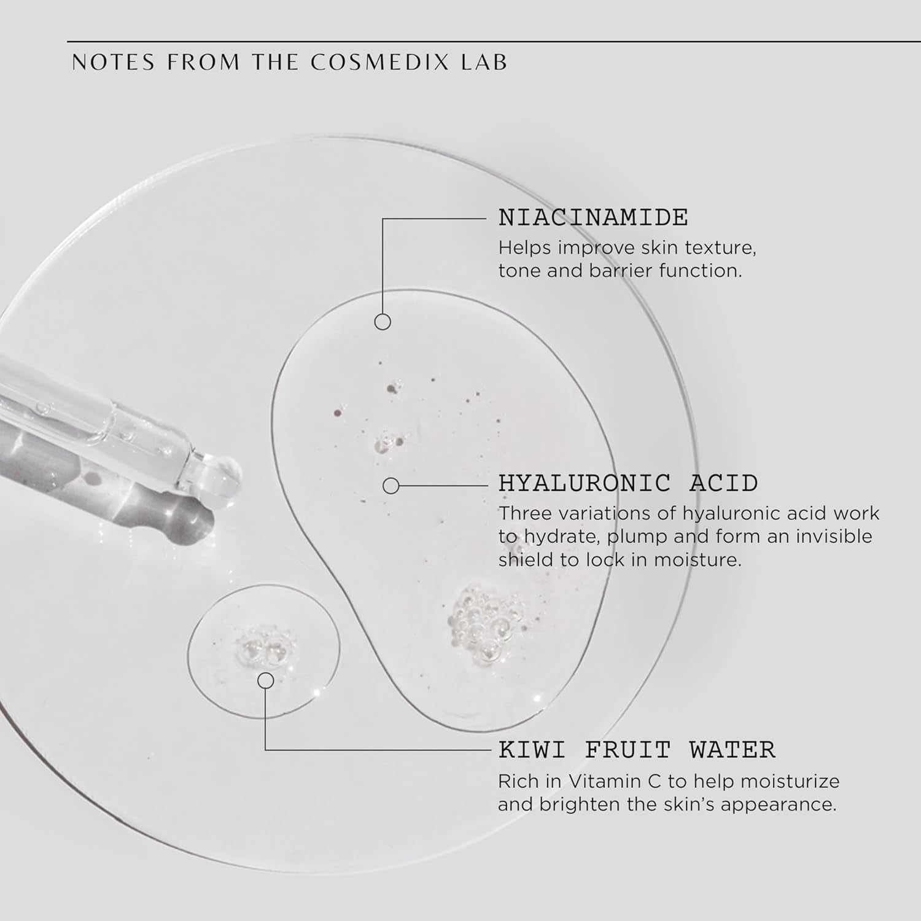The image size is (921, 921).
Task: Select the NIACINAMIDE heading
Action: [x=593, y=217]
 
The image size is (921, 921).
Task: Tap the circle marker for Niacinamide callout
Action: [x=383, y=322]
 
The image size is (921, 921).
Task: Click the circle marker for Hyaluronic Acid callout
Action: [x=391, y=486]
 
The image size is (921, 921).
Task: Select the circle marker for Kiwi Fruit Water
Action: [x=265, y=680]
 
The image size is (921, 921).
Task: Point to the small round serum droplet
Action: [x=264, y=651]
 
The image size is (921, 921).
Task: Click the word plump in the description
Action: [x=637, y=537]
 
